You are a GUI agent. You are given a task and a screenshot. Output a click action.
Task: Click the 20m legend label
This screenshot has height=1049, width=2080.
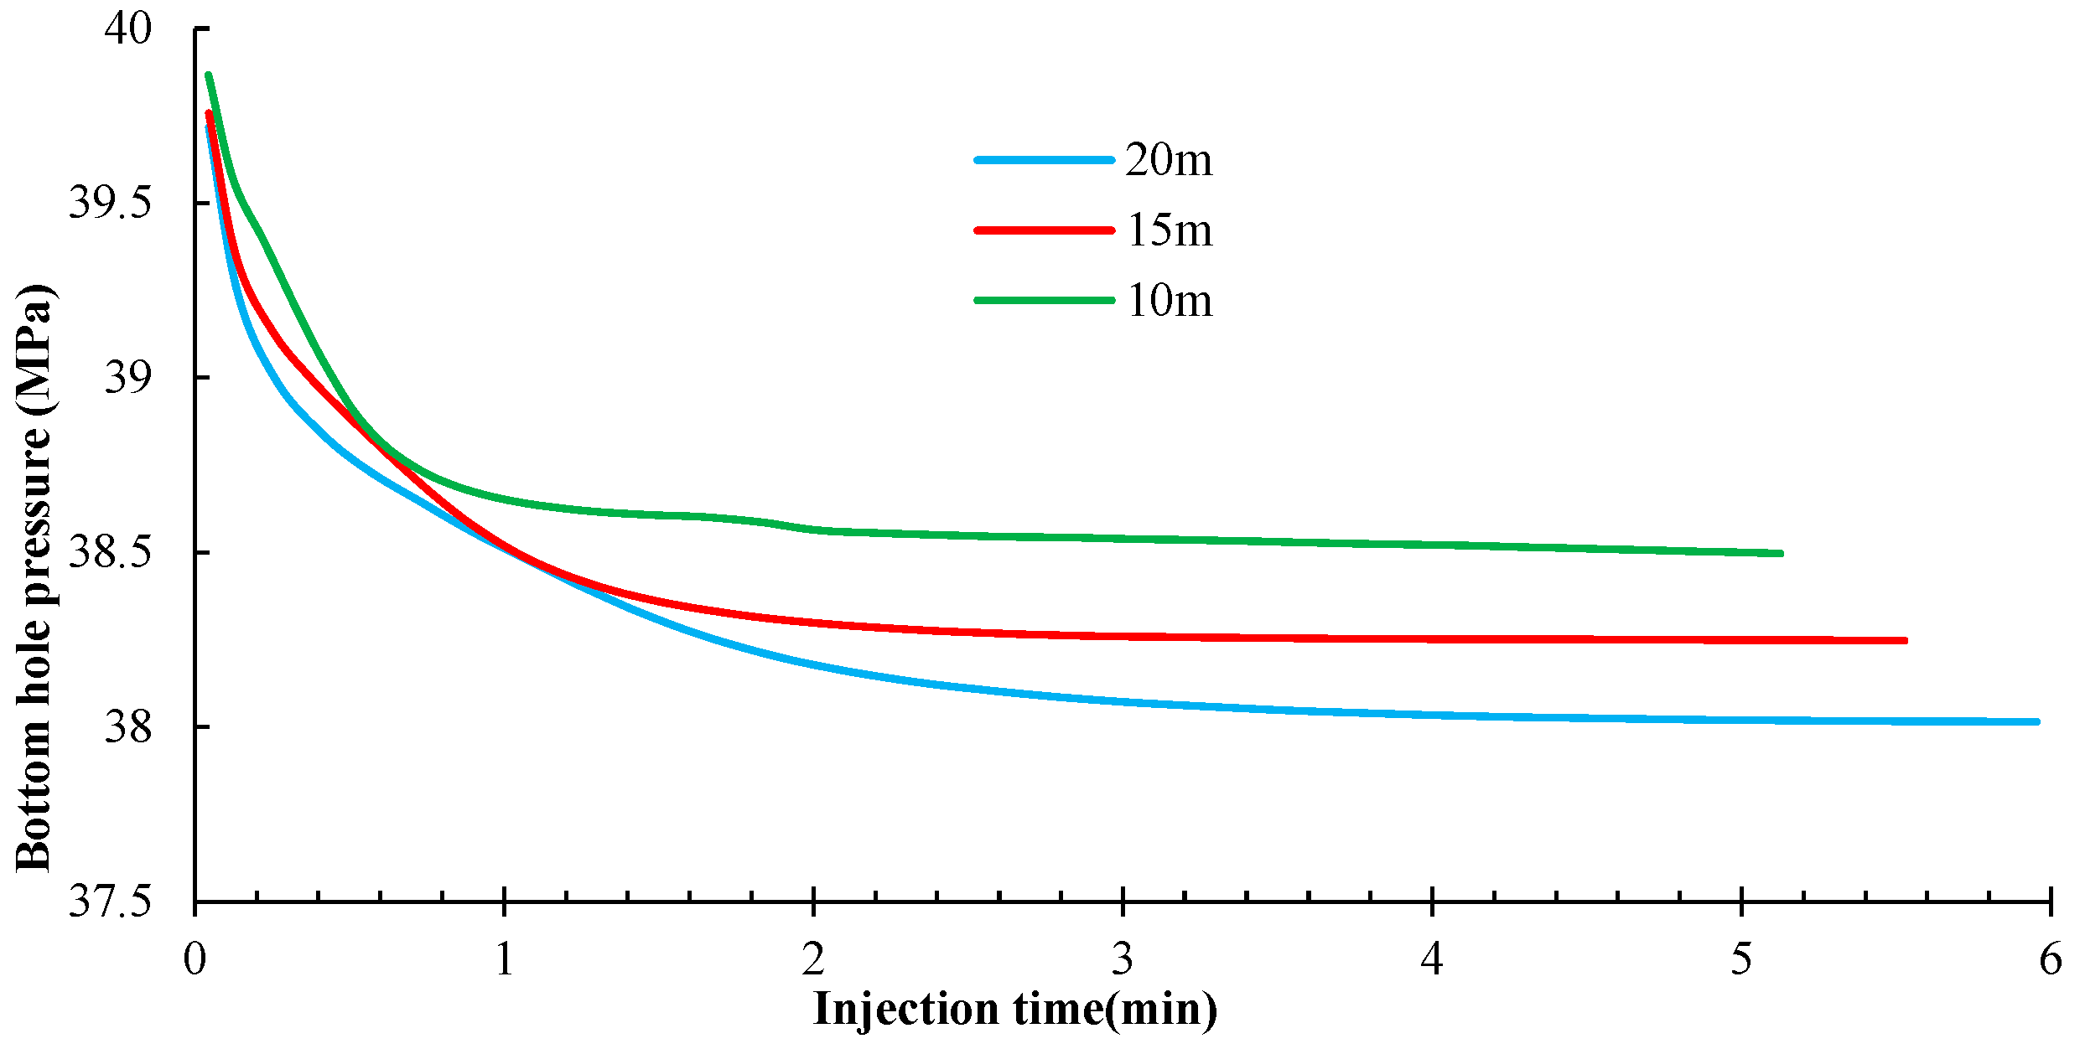coord(1169,159)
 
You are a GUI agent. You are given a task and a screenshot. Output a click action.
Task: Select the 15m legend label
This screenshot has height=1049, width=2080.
coord(1169,230)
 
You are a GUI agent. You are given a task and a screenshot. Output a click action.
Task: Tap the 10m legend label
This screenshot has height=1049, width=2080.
coord(1169,300)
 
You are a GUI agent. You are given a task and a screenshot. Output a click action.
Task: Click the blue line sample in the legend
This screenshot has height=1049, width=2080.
coord(1045,159)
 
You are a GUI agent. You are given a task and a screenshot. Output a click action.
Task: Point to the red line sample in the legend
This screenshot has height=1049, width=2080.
coord(1045,230)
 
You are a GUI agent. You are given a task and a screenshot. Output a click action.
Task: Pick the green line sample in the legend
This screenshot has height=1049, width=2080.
coord(1045,300)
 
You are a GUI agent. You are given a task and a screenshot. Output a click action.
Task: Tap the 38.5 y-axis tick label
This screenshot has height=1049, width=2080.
coord(110,551)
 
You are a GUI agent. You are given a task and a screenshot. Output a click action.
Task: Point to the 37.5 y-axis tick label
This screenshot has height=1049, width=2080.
coord(110,902)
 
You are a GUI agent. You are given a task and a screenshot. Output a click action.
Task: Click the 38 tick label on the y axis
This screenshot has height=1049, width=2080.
coord(127,726)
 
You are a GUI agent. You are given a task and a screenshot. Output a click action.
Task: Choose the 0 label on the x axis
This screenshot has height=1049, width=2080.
coord(195,959)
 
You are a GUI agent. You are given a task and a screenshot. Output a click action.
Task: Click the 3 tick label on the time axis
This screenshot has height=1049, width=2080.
coord(1123,959)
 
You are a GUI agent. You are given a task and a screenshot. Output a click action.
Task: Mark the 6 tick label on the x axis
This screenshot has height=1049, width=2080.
coord(2051,959)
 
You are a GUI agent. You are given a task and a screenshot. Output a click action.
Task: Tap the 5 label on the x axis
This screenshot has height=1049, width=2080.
coord(1741,959)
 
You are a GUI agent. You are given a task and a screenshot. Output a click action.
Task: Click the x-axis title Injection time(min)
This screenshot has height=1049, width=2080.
coord(1014,1009)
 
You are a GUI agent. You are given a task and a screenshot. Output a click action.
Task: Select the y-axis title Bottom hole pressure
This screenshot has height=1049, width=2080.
coord(35,578)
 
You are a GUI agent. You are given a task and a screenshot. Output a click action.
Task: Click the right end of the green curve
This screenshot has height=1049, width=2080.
coord(1780,553)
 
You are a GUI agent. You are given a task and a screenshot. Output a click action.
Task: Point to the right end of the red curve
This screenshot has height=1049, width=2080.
coord(1905,641)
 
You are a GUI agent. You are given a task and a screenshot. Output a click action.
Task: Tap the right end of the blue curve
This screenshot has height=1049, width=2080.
coord(2036,721)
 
